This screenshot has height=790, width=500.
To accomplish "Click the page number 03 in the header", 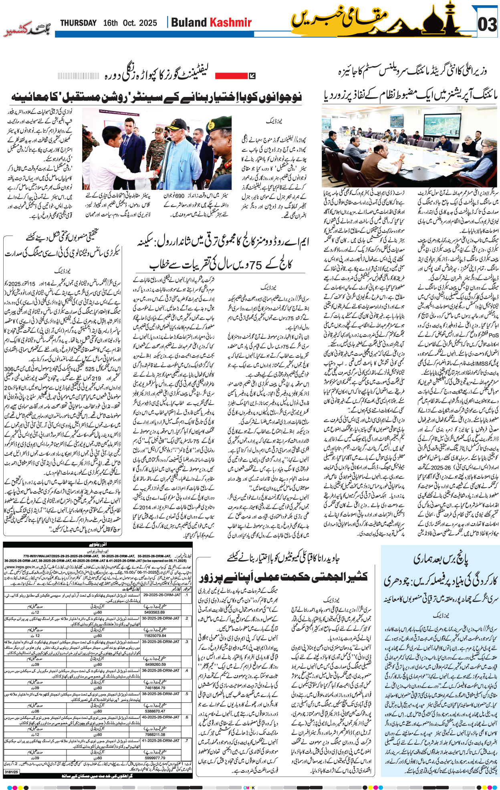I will pyautogui.click(x=487, y=25).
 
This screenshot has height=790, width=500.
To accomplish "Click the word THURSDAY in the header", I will pyautogui.click(x=79, y=23).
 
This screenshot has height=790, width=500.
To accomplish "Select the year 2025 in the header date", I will pyautogui.click(x=148, y=23).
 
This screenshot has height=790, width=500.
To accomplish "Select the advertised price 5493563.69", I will pyautogui.click(x=155, y=612).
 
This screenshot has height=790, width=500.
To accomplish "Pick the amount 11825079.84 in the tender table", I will pyautogui.click(x=155, y=635).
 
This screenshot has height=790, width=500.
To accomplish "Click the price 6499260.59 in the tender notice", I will pyautogui.click(x=155, y=664).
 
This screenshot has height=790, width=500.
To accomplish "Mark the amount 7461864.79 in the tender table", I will pyautogui.click(x=155, y=687).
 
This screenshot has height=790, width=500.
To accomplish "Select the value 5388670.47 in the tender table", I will pyautogui.click(x=155, y=711).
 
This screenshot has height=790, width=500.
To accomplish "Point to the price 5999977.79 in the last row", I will pyautogui.click(x=155, y=758).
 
